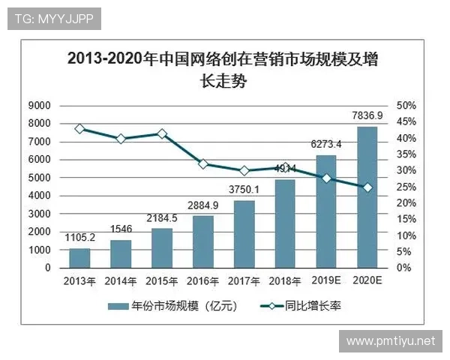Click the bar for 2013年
[79, 257]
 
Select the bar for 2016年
[203, 241]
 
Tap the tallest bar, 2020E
[367, 196]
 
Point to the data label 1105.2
[79, 238]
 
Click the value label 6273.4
[325, 144]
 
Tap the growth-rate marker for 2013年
[79, 129]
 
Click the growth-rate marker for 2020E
[367, 187]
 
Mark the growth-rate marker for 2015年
[162, 133]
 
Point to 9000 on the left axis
[39, 105]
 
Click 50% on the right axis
[406, 105]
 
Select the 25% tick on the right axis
[406, 186]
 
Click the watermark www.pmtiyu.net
[390, 342]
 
